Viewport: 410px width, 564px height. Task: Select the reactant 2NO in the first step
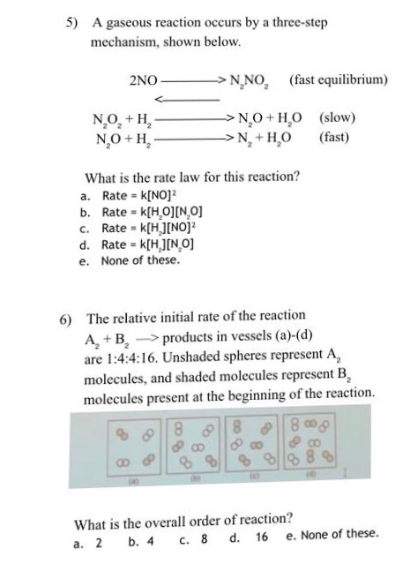[x=144, y=79]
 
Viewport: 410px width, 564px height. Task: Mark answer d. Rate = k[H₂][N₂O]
[x=142, y=244]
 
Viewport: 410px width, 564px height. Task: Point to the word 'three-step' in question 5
[x=296, y=22]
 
